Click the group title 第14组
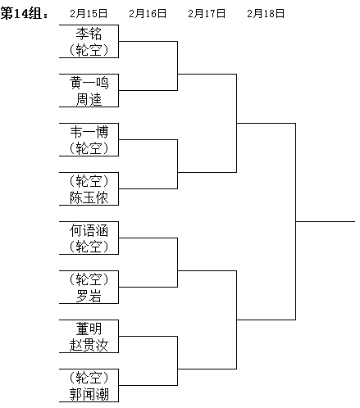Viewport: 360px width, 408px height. tap(22, 13)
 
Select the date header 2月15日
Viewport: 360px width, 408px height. tap(89, 13)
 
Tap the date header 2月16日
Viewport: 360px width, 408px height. tap(148, 13)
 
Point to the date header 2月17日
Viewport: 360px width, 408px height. tap(207, 13)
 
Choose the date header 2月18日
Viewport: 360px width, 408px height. tap(266, 13)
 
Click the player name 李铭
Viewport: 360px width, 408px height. tap(89, 34)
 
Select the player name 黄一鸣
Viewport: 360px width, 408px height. tap(89, 83)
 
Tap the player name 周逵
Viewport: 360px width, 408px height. tap(89, 99)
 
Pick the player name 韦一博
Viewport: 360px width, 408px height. tap(89, 132)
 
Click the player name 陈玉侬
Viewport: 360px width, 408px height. tap(89, 197)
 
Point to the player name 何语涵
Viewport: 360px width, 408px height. tap(89, 230)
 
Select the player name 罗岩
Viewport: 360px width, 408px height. tap(89, 296)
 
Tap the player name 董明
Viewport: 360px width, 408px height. tap(89, 329)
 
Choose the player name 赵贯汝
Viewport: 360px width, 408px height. tap(89, 345)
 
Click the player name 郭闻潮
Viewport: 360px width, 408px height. tap(89, 394)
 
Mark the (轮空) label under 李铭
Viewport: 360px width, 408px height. tap(89, 50)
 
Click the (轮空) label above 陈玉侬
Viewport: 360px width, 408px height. tap(89, 181)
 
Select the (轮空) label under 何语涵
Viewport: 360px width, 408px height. tap(89, 247)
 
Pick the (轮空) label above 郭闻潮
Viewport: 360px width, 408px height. tap(89, 378)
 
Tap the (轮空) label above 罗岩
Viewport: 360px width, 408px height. tap(89, 279)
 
